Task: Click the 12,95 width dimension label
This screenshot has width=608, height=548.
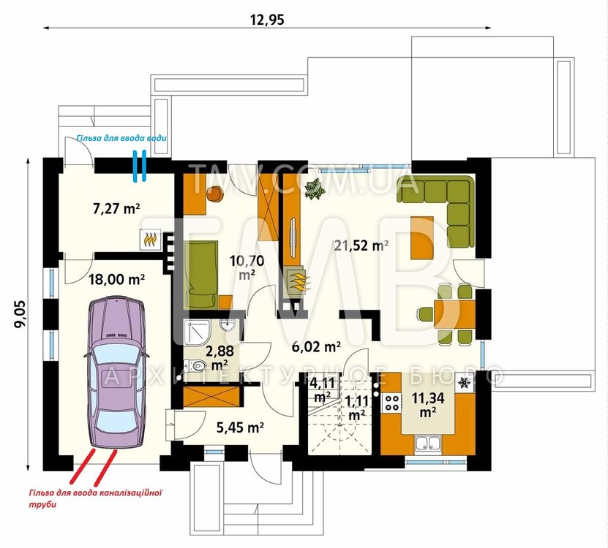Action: point(267,20)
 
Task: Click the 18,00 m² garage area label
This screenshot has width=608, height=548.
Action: point(117,279)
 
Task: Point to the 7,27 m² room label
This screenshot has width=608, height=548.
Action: point(116,209)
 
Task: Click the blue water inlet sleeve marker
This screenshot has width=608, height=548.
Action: point(140,166)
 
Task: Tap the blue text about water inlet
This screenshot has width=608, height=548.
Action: point(121,138)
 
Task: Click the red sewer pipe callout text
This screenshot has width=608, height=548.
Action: point(95,499)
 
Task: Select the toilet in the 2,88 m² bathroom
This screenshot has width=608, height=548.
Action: point(195,365)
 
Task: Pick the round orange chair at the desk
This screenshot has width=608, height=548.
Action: point(215,193)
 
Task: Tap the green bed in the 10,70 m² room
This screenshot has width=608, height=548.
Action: point(201,274)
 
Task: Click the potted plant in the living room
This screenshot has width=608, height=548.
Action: point(315,189)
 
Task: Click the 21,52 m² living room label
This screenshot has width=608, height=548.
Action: point(361,246)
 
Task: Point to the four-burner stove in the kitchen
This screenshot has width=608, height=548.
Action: point(391,402)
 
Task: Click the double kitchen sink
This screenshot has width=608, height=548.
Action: point(428,444)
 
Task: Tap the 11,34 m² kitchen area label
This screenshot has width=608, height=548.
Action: point(428,405)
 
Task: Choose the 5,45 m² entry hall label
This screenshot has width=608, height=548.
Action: point(240,427)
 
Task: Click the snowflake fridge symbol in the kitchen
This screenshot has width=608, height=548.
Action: point(464,383)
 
